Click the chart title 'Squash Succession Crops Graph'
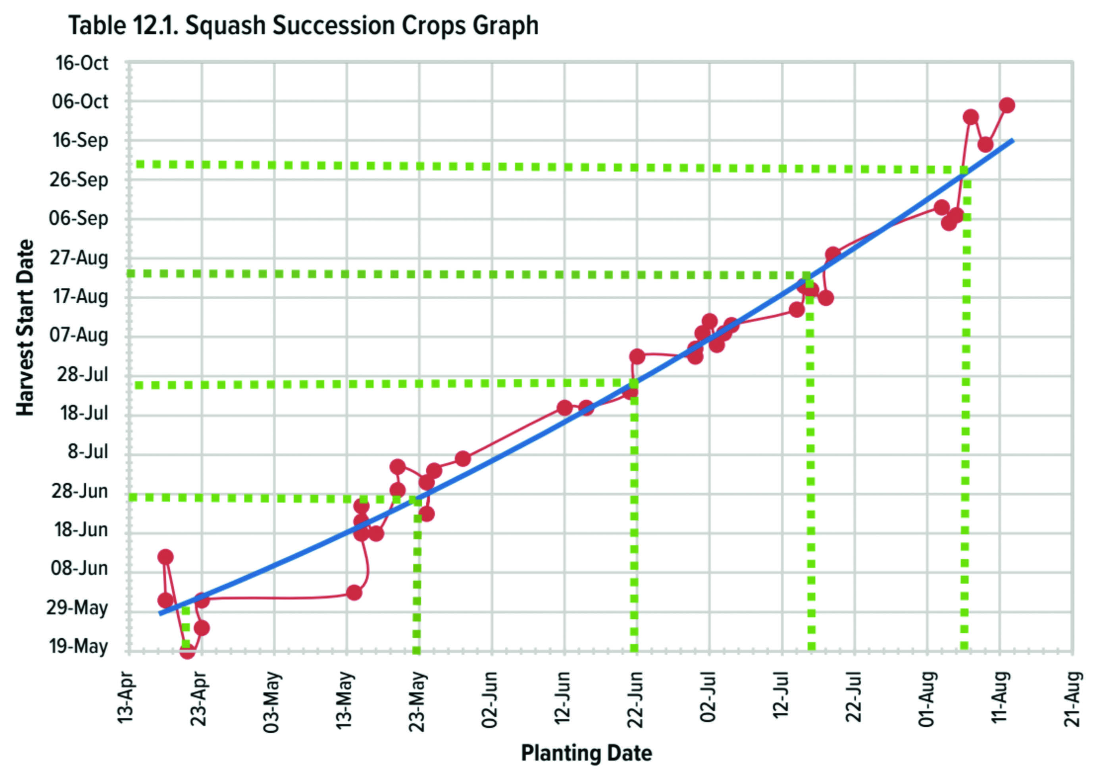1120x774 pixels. [361, 25]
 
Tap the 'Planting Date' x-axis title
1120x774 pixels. [586, 753]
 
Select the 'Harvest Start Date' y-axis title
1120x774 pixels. [25, 328]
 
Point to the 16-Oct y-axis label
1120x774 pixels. [81, 63]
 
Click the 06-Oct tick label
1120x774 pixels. [80, 102]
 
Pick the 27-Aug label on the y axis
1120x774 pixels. [79, 258]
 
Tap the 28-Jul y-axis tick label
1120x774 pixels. [83, 374]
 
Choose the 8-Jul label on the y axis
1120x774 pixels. [87, 452]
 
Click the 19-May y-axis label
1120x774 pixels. [78, 647]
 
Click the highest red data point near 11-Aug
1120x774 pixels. [1007, 105]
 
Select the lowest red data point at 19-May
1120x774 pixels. [187, 651]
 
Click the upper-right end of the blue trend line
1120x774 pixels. [1012, 140]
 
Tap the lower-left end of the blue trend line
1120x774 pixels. [160, 614]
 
